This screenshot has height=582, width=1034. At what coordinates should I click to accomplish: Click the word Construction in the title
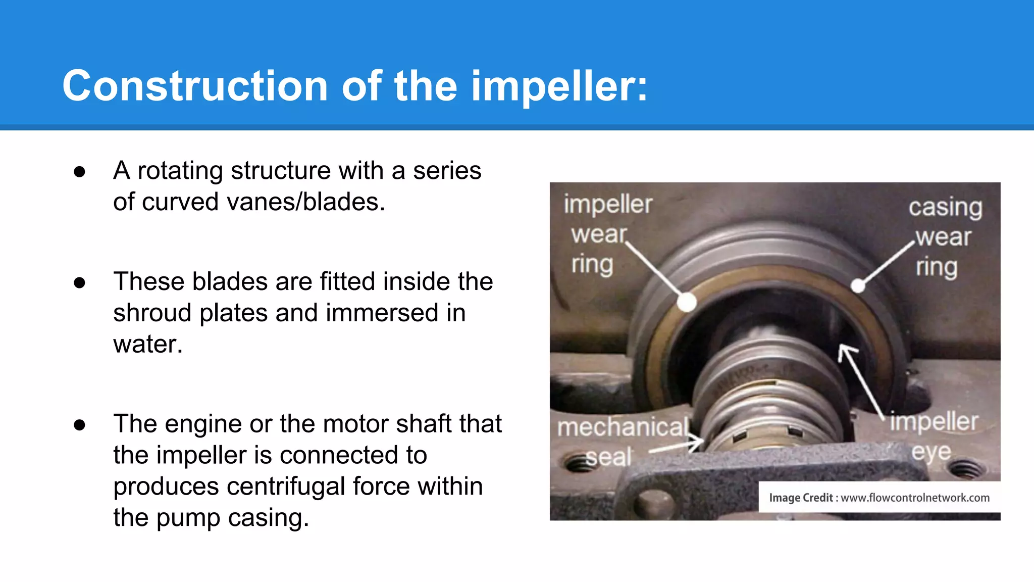tap(195, 86)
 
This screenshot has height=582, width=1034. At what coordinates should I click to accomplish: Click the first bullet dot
tap(79, 172)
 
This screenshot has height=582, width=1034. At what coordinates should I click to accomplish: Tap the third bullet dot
tap(79, 425)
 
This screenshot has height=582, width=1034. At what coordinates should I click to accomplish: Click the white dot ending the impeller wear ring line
tap(687, 302)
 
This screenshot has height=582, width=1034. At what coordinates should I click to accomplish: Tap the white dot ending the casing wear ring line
tap(858, 286)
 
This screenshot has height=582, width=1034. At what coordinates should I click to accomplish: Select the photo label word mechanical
tap(623, 427)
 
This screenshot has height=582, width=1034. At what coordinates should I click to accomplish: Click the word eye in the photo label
tap(931, 452)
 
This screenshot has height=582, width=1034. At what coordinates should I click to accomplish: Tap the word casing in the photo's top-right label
tap(945, 207)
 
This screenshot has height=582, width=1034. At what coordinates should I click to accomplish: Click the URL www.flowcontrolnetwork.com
tap(915, 498)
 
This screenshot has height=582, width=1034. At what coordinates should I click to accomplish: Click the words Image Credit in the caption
tap(800, 498)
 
